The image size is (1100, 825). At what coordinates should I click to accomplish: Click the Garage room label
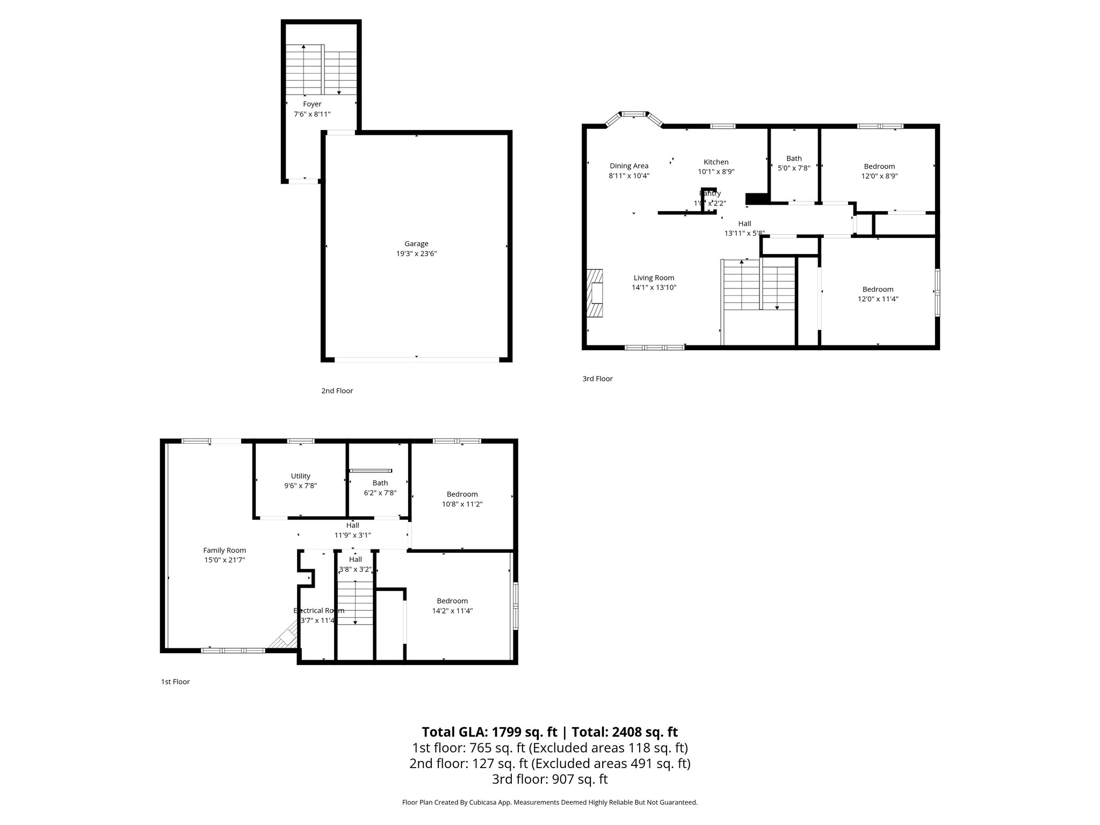coord(416,243)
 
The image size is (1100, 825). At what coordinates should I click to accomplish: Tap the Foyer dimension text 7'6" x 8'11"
coord(312,114)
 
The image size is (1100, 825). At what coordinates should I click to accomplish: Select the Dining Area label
coord(629,166)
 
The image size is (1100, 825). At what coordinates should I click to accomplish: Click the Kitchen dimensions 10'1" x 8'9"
coord(716,172)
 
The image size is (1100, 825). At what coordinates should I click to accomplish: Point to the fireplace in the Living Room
coord(595,294)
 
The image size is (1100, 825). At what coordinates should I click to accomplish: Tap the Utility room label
coord(301,476)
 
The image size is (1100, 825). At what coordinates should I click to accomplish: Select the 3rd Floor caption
coord(597,379)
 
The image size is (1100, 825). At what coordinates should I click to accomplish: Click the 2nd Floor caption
coord(337,391)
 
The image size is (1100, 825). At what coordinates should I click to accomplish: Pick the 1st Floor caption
coord(175,682)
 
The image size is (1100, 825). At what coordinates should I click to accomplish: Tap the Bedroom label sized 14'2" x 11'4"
coord(452,601)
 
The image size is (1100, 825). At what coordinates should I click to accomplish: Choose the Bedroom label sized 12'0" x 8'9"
coord(879,167)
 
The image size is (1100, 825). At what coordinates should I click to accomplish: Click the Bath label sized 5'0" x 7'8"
coord(794,158)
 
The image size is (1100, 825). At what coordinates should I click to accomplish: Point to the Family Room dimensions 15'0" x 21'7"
coord(225,560)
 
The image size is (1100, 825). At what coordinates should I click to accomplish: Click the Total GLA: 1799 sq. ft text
coord(491,732)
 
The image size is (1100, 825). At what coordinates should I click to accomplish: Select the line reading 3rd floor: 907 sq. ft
coord(549,779)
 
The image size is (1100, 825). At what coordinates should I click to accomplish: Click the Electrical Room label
coord(319,611)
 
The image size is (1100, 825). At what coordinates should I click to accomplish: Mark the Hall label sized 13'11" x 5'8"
coord(744,223)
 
